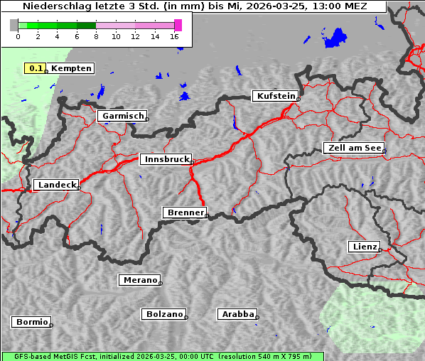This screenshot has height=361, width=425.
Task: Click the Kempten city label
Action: point(71,68)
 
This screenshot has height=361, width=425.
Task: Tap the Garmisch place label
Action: point(122,116)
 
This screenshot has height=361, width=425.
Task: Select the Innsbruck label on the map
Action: point(165,160)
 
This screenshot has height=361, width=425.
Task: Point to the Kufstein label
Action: point(275,96)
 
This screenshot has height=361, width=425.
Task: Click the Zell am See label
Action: point(353,148)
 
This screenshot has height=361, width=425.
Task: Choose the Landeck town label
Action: point(55,185)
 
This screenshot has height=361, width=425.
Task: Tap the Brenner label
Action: point(185,212)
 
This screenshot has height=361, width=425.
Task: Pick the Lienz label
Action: point(364,247)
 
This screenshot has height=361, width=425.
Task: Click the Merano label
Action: point(139,280)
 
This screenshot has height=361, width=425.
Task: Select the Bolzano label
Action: point(163,314)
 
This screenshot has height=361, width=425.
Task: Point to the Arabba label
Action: point(237,314)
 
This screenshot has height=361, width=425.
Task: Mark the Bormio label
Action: point(31,322)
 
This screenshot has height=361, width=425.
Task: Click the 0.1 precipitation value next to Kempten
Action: point(34,68)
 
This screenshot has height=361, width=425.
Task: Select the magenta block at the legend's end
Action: point(178,25)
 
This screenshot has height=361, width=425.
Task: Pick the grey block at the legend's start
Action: point(14,25)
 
